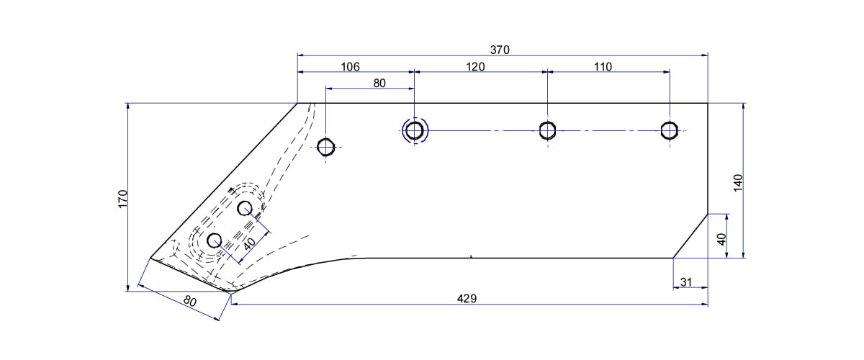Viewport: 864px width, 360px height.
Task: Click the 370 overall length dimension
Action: click(x=500, y=50)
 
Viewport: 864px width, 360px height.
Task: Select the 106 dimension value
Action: click(x=350, y=67)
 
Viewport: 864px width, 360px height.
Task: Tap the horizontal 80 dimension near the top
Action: click(x=379, y=83)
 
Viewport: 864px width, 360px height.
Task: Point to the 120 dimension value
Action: click(x=475, y=67)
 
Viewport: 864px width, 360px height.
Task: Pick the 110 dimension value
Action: click(x=603, y=67)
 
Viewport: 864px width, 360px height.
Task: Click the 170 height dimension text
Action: click(x=122, y=199)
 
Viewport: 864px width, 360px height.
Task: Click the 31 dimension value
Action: click(x=685, y=282)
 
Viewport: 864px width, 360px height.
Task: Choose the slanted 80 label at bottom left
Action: click(x=189, y=302)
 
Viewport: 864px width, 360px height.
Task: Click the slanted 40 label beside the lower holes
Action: click(x=249, y=243)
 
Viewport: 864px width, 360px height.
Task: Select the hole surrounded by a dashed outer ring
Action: click(x=414, y=130)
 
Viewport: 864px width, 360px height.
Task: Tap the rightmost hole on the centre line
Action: click(x=670, y=130)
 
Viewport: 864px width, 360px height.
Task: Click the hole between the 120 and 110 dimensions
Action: click(x=547, y=130)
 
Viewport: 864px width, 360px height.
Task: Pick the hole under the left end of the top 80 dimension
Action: click(x=326, y=147)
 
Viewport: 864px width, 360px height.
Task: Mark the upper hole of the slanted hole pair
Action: click(x=245, y=209)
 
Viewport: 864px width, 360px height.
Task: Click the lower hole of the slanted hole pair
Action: click(x=214, y=240)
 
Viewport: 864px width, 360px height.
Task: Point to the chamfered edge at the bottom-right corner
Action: click(x=690, y=235)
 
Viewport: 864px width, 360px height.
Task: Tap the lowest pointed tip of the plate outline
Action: click(x=229, y=292)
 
